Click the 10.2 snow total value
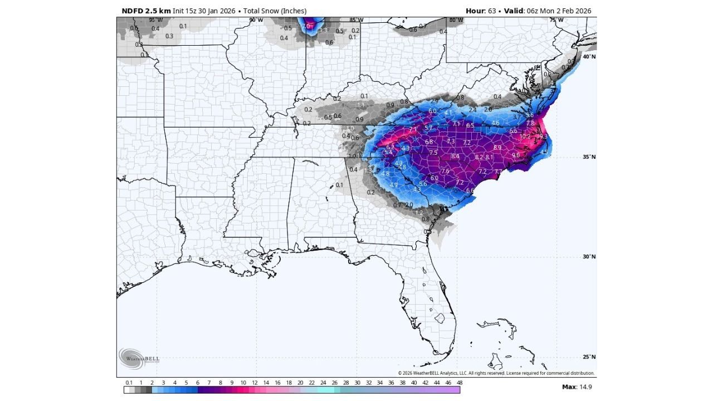tap(525, 136)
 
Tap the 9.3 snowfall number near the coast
tap(544, 136)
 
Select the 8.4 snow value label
tap(455, 157)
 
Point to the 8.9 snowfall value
tap(497, 148)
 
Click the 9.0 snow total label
tap(516, 155)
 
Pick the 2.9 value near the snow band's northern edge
tap(435, 101)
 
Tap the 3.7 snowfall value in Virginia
tap(517, 116)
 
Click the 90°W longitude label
tap(256, 20)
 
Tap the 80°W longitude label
tap(456, 20)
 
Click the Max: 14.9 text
tap(577, 387)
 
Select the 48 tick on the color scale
tap(459, 383)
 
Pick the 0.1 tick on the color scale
tap(129, 383)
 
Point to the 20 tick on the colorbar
tap(300, 383)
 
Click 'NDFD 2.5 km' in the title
tap(145, 11)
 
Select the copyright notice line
tap(496, 373)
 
